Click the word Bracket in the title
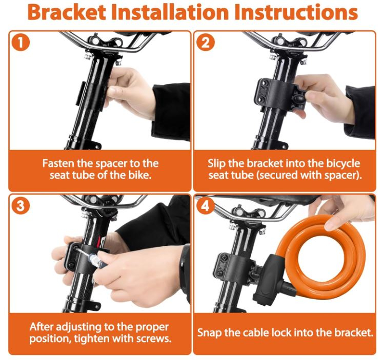67,12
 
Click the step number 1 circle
21,43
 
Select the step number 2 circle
206,43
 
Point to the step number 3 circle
21,206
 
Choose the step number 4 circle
206,206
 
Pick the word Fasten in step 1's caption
58,163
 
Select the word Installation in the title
170,12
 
